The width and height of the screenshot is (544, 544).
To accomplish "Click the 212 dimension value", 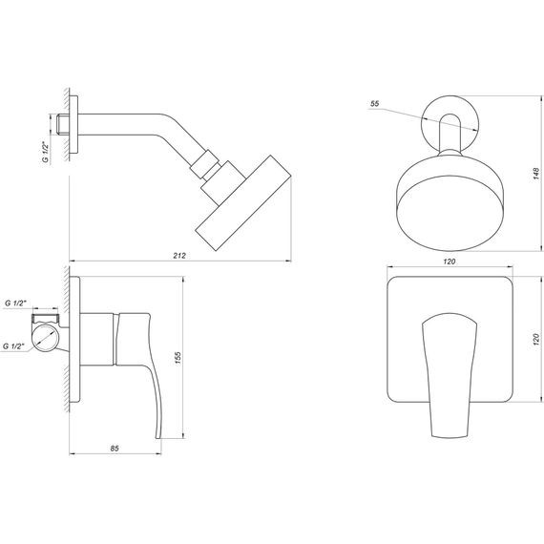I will click(179, 255).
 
